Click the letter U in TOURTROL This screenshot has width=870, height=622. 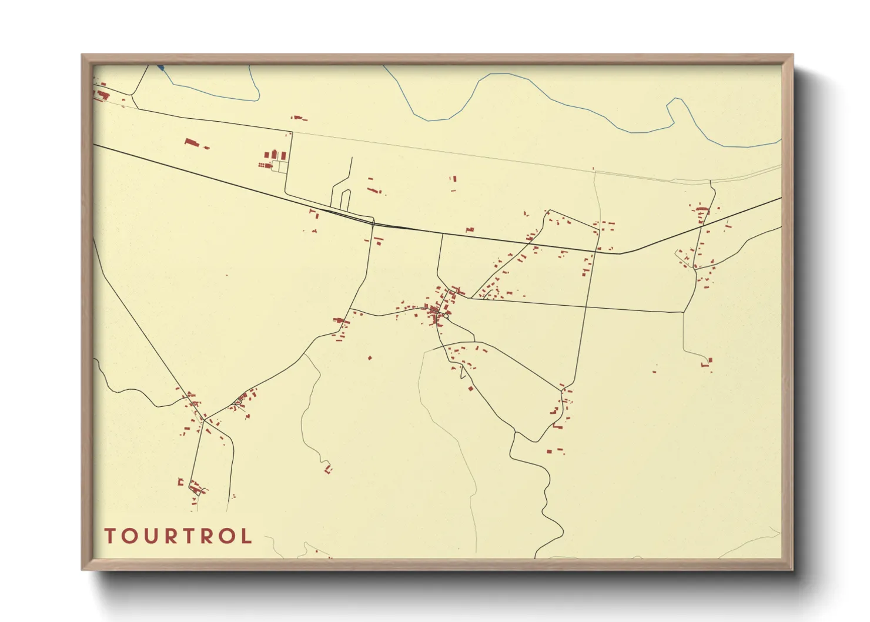pos(153,536)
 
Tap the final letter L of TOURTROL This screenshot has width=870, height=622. pos(246,536)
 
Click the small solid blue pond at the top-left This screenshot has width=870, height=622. pos(160,68)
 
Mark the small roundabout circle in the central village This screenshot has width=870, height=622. pos(447,316)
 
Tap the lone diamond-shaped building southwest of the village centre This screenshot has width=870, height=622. pos(370,357)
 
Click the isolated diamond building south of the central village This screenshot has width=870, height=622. pos(470,388)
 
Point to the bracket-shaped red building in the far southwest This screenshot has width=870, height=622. pos(181,482)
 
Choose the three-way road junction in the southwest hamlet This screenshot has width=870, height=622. pos(204,419)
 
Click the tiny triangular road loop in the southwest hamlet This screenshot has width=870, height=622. pos(237,403)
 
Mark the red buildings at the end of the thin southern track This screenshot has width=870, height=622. pos(328,469)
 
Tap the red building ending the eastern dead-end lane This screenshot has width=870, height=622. pos(710,360)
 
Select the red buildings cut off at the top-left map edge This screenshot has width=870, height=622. pos(101,93)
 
